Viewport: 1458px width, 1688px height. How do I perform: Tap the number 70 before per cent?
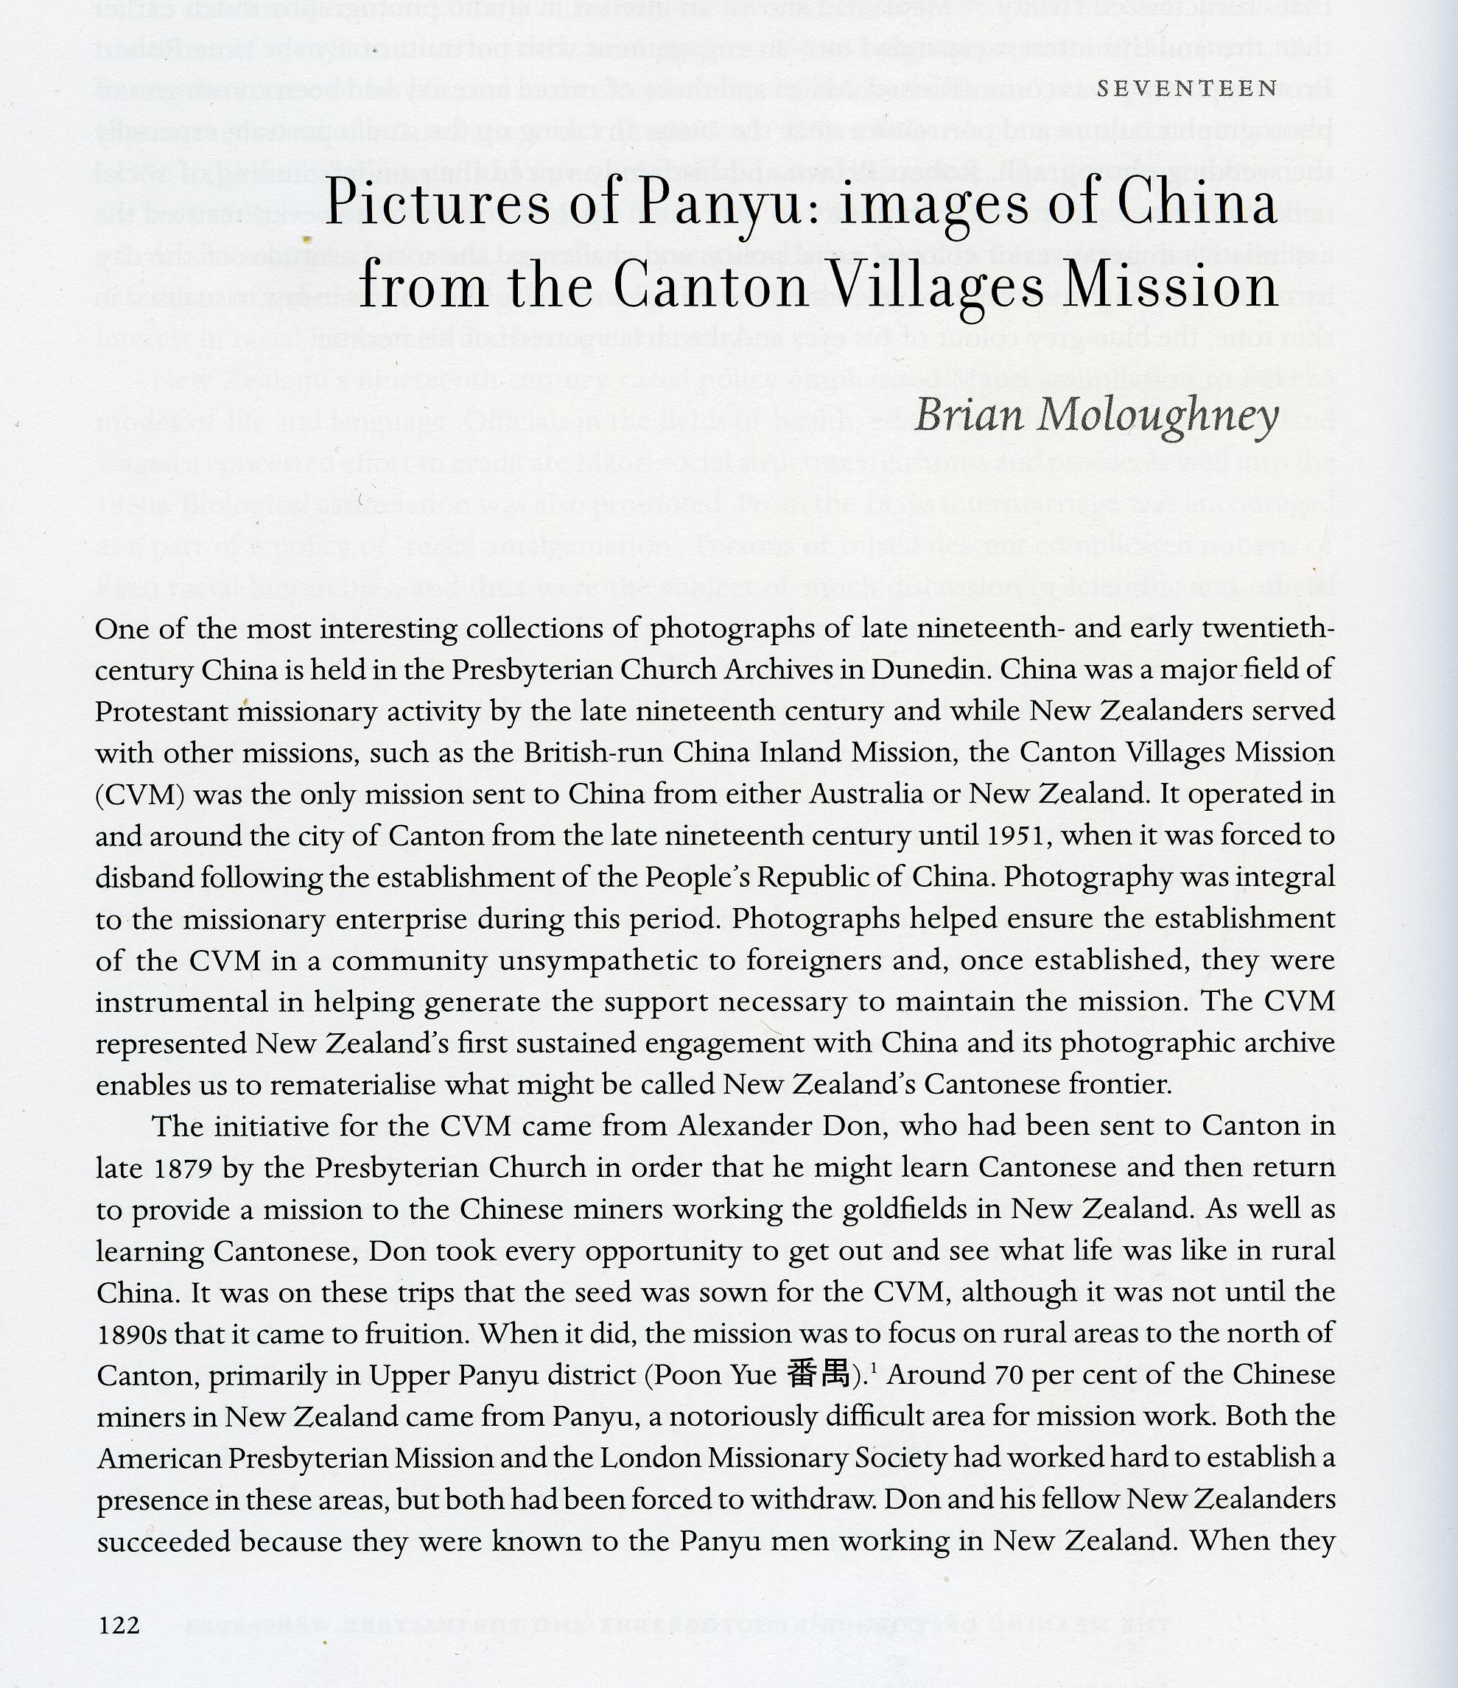(x=1014, y=1376)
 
